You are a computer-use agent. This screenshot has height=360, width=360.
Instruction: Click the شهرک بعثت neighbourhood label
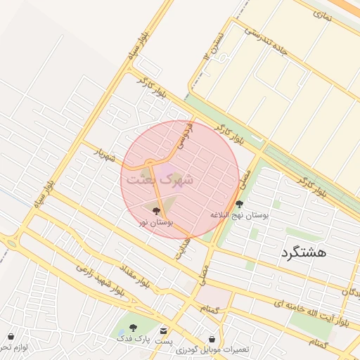pos(162,179)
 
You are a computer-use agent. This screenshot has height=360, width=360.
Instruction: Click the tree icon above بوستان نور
pos(156,210)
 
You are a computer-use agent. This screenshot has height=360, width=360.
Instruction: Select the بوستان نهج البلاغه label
pos(239,214)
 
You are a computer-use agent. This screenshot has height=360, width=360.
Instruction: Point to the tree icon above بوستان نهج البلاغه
pos(239,204)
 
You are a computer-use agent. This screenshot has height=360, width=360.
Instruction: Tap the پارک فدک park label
pos(133,338)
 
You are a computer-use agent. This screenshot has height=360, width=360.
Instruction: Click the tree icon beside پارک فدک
pos(132,328)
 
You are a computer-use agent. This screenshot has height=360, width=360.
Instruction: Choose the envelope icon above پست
pos(164,330)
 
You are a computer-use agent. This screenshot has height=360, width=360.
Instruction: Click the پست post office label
pos(164,341)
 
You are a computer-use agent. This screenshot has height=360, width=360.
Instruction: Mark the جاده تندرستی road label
pos(266,41)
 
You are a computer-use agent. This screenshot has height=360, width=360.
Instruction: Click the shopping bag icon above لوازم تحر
pos(11,337)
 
